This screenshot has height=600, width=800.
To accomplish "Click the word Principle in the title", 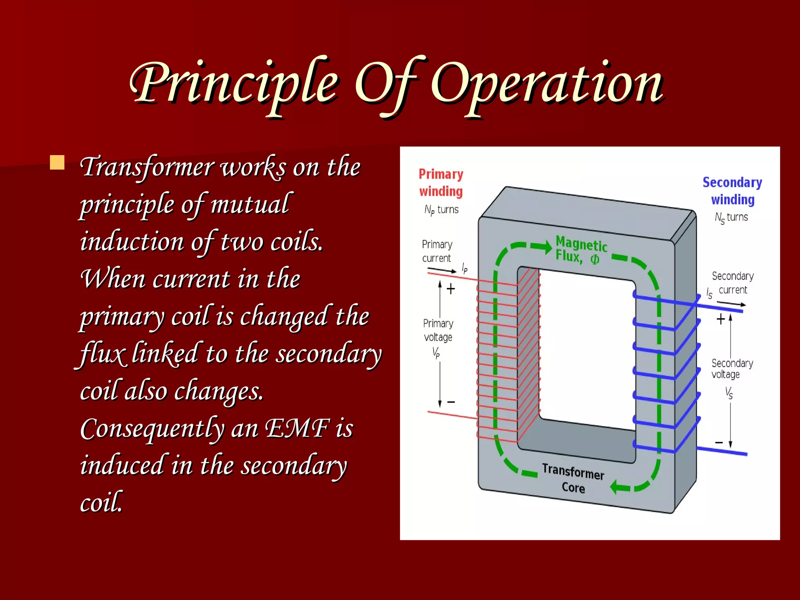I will [234, 84].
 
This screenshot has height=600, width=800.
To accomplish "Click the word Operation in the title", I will [547, 84].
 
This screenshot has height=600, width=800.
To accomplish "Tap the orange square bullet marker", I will [57, 162].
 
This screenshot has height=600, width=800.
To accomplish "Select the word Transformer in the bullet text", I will [146, 167].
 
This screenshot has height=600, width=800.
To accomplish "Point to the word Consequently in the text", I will [152, 429].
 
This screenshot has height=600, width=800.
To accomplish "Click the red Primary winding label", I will [441, 182].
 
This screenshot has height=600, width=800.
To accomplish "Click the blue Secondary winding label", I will [732, 191].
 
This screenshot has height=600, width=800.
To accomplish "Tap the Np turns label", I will [441, 210].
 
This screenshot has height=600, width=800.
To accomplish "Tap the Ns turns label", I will [731, 218].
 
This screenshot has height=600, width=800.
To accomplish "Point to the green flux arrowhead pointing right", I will [544, 246].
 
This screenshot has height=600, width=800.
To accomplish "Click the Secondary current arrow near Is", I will [732, 304].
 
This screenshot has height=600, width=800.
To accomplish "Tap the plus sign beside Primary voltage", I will [451, 289].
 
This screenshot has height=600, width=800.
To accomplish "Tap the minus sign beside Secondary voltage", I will [719, 443].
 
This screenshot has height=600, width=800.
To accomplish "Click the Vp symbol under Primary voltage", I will [436, 353].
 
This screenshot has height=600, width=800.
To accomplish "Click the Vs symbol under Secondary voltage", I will [729, 392].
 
